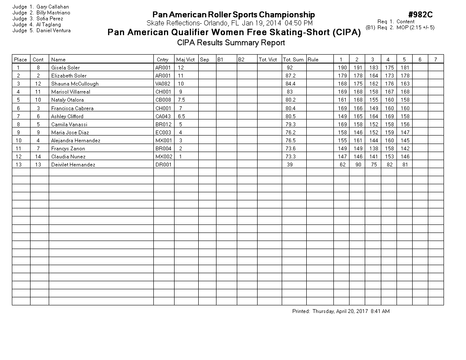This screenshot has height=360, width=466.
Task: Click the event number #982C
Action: click(x=420, y=15)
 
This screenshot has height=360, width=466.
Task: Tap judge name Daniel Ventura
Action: click(x=53, y=30)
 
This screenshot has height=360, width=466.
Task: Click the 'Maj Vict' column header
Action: click(x=186, y=60)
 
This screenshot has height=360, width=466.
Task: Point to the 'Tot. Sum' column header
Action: click(x=293, y=60)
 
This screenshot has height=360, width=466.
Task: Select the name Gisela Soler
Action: click(x=65, y=68)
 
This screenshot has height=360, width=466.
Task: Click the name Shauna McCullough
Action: click(x=75, y=84)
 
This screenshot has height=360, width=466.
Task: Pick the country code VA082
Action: click(x=163, y=84)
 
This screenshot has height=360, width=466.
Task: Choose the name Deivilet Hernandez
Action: click(x=73, y=165)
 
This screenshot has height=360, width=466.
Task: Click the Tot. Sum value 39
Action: click(x=290, y=165)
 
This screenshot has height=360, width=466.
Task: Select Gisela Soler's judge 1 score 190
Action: click(x=342, y=68)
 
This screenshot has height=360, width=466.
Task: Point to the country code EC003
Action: click(x=163, y=133)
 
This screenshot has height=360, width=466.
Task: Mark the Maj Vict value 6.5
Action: click(x=181, y=116)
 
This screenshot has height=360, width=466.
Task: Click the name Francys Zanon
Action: click(x=68, y=149)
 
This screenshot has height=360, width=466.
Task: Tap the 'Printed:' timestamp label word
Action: click(x=301, y=311)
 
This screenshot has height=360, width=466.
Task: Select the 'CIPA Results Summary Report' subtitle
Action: click(x=231, y=43)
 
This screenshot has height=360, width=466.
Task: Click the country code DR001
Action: click(x=163, y=165)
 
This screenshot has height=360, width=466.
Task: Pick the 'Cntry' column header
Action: click(x=162, y=60)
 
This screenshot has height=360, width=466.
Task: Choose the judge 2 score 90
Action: click(x=358, y=165)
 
